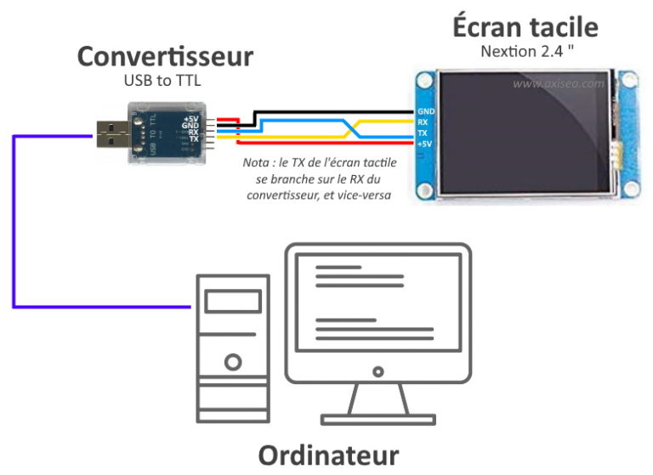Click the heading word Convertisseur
pyautogui.click(x=165, y=56)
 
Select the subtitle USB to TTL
pyautogui.click(x=164, y=81)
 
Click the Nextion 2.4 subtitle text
pyautogui.click(x=525, y=49)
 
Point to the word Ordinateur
pyautogui.click(x=328, y=454)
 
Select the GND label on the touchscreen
pyautogui.click(x=426, y=111)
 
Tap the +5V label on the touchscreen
pyautogui.click(x=426, y=144)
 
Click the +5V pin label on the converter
pyautogui.click(x=190, y=117)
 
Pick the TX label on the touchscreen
pyautogui.click(x=423, y=133)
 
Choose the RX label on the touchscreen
pyautogui.click(x=423, y=122)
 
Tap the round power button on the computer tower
pyautogui.click(x=232, y=362)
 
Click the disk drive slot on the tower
pyautogui.click(x=232, y=302)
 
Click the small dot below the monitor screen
pyautogui.click(x=378, y=371)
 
